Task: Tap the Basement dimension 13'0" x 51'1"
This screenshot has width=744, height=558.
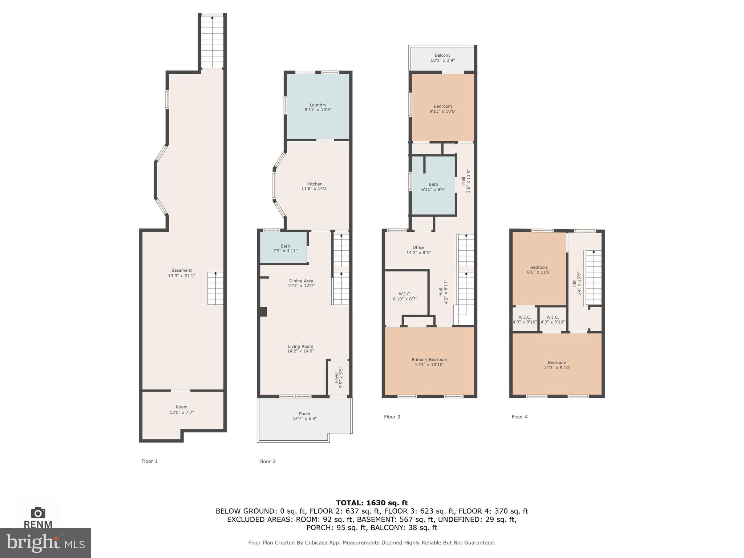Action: click(x=181, y=276)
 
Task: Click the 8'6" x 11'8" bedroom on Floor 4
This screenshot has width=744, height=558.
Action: click(x=539, y=270)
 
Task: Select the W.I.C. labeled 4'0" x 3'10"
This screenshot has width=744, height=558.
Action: click(x=525, y=320)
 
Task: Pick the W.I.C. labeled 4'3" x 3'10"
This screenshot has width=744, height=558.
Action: click(x=553, y=320)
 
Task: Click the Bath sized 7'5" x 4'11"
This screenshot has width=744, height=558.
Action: click(x=285, y=248)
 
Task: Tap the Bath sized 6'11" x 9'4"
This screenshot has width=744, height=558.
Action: click(x=433, y=187)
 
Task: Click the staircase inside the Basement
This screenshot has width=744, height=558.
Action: click(x=215, y=288)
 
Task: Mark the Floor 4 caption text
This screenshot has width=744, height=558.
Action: click(x=519, y=417)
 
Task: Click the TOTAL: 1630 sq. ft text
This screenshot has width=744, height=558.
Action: click(x=372, y=503)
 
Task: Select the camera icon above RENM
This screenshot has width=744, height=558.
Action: click(x=38, y=513)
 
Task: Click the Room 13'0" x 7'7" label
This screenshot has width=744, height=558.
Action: click(x=182, y=410)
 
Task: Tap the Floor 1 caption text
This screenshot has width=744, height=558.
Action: click(x=149, y=461)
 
